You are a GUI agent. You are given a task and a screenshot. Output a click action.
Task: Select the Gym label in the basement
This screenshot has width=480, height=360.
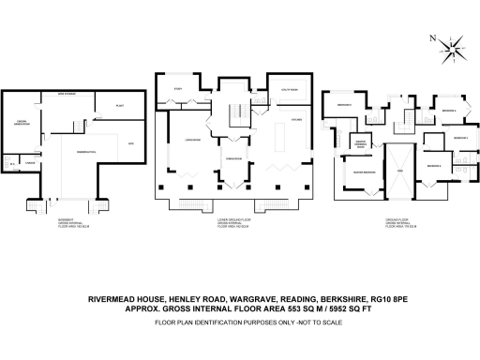point(131,142)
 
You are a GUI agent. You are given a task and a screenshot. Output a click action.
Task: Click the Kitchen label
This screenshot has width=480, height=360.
point(295,119)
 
